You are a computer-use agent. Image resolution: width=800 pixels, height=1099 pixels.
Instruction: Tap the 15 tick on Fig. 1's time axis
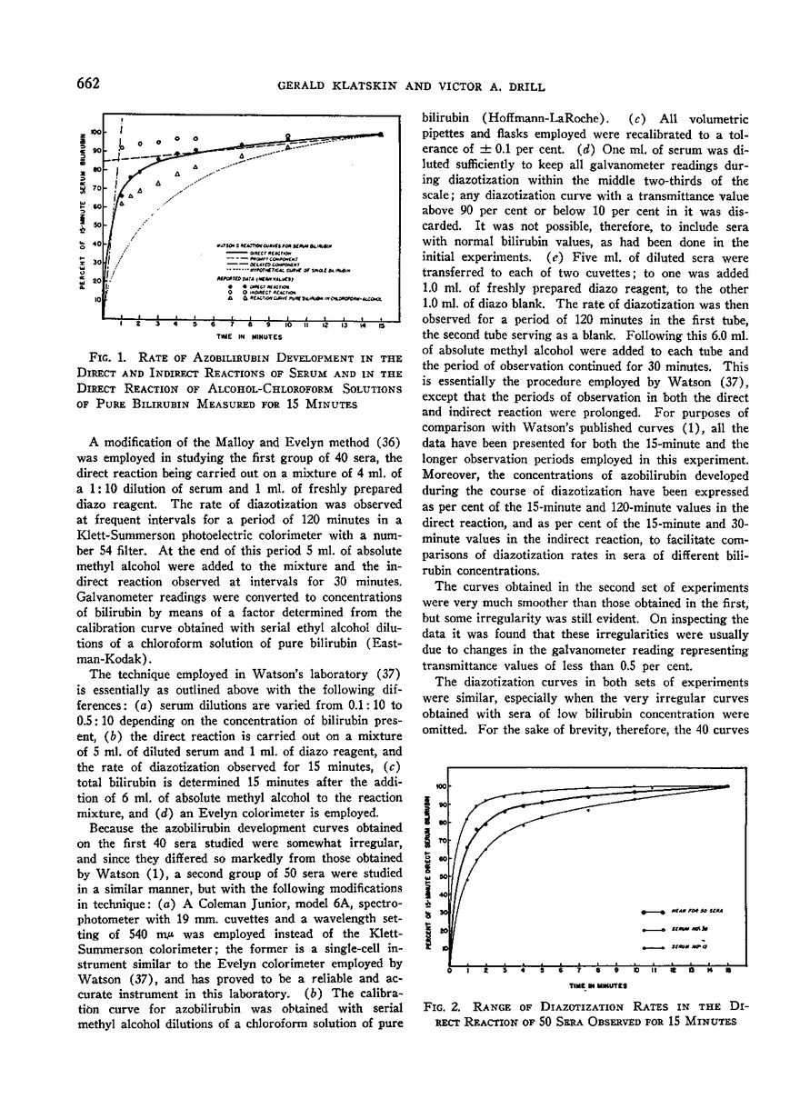click(x=382, y=324)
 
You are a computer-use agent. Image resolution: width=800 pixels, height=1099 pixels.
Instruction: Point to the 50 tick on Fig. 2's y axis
click(x=444, y=876)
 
